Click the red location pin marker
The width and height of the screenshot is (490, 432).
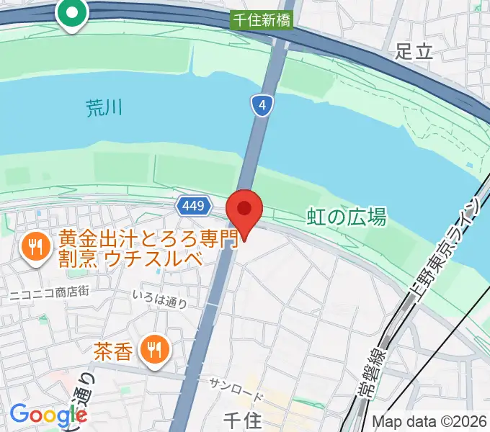pyautogui.click(x=244, y=210)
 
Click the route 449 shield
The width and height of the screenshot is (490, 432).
pyautogui.click(x=193, y=207)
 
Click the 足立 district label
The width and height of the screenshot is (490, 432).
pyautogui.click(x=414, y=50)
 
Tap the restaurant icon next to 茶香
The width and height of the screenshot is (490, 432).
pyautogui.click(x=155, y=350)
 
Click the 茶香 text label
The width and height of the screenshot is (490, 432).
pyautogui.click(x=113, y=351)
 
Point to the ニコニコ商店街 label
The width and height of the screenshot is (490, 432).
pyautogui.click(x=49, y=292)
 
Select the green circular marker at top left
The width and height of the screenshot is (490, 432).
pyautogui.click(x=72, y=13)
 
